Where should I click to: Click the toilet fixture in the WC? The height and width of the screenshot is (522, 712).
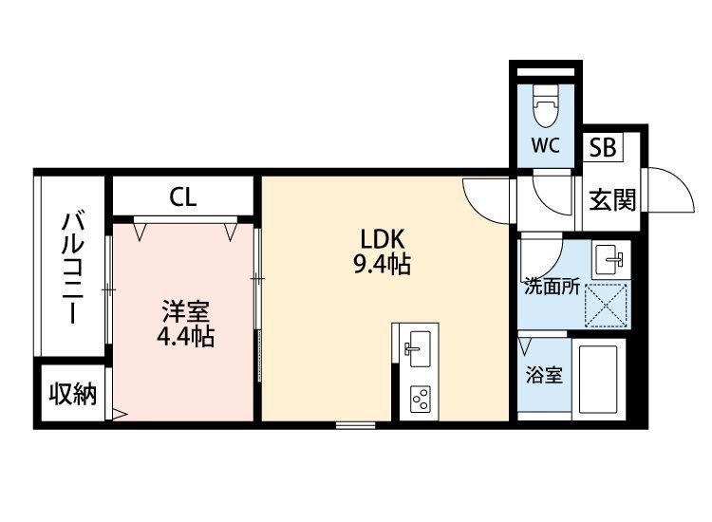coord(546,105)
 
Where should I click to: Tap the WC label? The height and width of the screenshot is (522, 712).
coord(545,145)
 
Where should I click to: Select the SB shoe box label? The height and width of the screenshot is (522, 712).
coord(603,147)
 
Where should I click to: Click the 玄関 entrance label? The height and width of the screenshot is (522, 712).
coord(612,199)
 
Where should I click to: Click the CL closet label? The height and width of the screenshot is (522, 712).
coord(183,197)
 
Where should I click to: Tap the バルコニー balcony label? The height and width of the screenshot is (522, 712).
coord(73,268)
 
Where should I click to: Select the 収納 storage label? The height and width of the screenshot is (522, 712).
coord(73,394)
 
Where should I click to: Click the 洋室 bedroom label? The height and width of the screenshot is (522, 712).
coord(186,311)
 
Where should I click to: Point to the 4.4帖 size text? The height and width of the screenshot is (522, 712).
coord(185,336)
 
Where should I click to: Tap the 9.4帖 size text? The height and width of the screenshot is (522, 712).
coord(382,264)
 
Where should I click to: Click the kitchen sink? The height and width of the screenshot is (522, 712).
coord(419,348)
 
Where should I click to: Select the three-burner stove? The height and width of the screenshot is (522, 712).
coord(421,399)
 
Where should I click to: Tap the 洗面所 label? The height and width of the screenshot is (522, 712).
coord(552,287)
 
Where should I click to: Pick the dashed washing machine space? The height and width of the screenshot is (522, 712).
coord(607,305)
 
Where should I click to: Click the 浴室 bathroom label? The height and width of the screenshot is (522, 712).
coord(545,376)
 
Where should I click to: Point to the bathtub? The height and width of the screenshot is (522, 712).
coord(598,379)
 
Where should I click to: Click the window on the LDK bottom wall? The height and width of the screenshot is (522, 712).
coord(356,425)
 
